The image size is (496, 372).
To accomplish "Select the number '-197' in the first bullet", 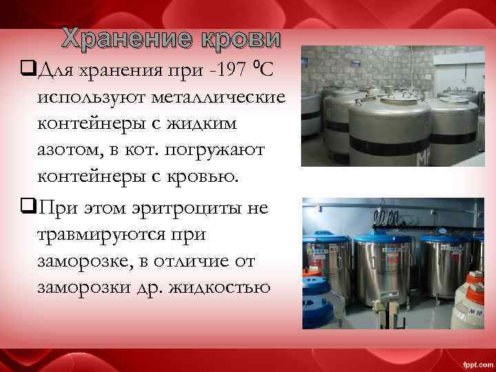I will pyautogui.click(x=220, y=70).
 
